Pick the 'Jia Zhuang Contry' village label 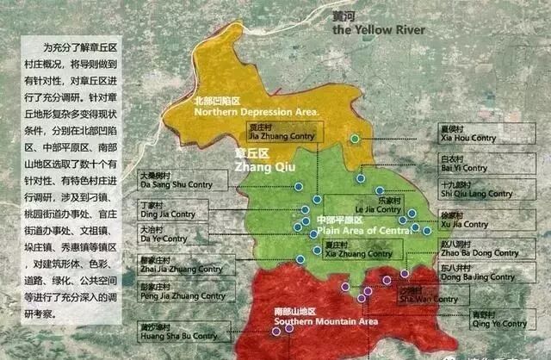pyautogui.click(x=277, y=134)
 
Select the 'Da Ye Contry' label pyautogui.click(x=163, y=239)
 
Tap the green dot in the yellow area pyautogui.click(x=355, y=138)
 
